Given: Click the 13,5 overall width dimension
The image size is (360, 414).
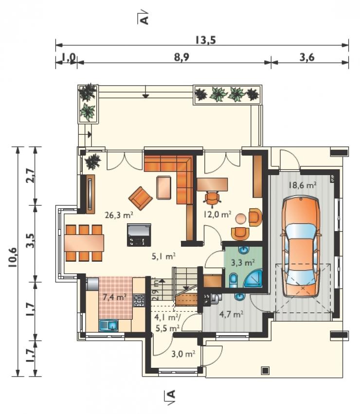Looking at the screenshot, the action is coord(205,40).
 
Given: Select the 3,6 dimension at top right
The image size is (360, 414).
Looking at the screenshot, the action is coord(307,57).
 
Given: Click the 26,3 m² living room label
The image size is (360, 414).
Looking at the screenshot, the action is coord(119,215).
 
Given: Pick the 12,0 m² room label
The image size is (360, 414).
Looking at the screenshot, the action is coord(217,214).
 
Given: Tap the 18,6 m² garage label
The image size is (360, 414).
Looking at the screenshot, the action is coord(303,185).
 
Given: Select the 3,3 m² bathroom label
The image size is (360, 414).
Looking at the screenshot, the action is coord(243,262).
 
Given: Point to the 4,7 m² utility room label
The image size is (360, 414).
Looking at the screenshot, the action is coord(232,314).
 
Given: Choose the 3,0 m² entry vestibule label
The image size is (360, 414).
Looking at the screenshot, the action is coord(183,354).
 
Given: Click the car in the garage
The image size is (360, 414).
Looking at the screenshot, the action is coord(301,247).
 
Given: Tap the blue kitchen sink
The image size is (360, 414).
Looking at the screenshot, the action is coord(108,325).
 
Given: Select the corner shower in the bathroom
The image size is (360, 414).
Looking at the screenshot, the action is coord(253,278).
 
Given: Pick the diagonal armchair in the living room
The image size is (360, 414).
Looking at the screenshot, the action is coord(141,198).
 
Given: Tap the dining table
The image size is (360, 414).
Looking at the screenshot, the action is coord(84,243).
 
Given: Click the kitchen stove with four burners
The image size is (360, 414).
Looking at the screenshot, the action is coord(139,301).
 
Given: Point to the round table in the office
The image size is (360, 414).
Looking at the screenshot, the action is coord(241,219).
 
